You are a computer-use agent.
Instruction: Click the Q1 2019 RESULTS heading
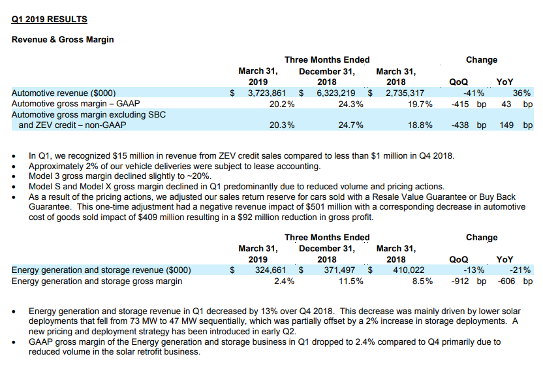click(x=49, y=20)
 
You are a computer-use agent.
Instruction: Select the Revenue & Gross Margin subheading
click(x=63, y=39)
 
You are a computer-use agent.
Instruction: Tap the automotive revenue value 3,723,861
click(x=267, y=93)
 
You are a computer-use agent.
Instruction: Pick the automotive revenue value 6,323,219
click(x=336, y=93)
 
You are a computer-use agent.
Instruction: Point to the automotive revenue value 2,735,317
click(x=405, y=93)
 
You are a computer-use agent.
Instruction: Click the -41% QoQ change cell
click(x=474, y=93)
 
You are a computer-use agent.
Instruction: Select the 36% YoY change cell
click(x=521, y=93)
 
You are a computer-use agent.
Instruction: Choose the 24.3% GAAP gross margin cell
click(x=351, y=104)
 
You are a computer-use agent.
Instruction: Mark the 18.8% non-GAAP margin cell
click(x=420, y=125)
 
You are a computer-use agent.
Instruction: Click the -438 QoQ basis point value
click(x=460, y=125)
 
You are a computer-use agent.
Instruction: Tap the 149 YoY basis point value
click(x=506, y=125)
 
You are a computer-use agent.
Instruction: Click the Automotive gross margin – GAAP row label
click(x=76, y=104)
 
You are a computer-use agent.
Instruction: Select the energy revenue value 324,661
click(x=270, y=270)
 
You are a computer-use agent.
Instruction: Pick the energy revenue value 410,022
click(x=409, y=270)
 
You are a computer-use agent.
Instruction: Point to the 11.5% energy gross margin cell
click(x=351, y=281)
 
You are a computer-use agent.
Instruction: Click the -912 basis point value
click(x=460, y=281)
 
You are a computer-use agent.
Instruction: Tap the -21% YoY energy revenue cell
click(x=520, y=270)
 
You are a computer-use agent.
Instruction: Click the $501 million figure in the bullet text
click(x=326, y=207)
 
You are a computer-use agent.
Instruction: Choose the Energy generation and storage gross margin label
click(x=97, y=281)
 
